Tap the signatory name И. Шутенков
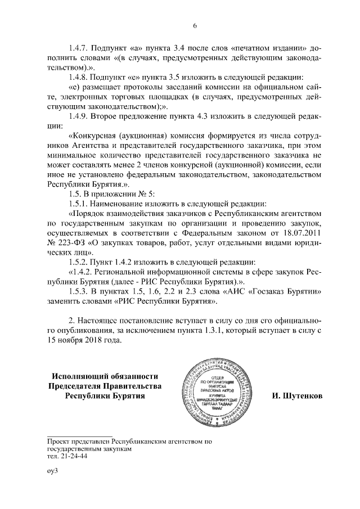coord(296,395)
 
